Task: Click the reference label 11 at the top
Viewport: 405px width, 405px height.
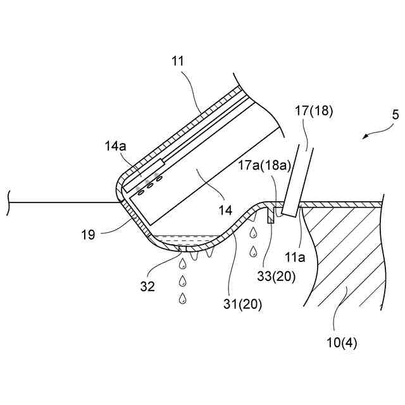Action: [x=178, y=61]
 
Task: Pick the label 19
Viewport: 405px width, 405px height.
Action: [x=88, y=234]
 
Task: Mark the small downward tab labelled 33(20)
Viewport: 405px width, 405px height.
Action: [x=270, y=215]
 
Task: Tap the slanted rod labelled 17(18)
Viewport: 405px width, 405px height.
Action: [x=298, y=180]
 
